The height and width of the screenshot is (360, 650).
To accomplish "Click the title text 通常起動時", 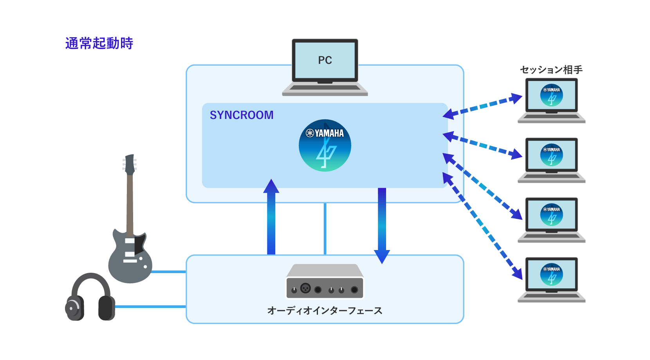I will pyautogui.click(x=99, y=43).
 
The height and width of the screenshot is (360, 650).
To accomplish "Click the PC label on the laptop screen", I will pyautogui.click(x=325, y=60).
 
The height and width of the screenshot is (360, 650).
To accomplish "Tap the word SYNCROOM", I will pyautogui.click(x=242, y=115).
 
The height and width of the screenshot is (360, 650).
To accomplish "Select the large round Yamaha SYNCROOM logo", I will pyautogui.click(x=325, y=146).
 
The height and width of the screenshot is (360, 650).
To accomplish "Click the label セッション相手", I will pyautogui.click(x=551, y=70).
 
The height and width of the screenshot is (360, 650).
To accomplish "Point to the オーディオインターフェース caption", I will pyautogui.click(x=325, y=311).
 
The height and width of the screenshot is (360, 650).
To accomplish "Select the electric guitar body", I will pyautogui.click(x=130, y=258).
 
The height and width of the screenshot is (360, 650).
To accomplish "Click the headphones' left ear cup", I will pyautogui.click(x=74, y=308).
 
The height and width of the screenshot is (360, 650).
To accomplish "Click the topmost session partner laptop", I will pyautogui.click(x=551, y=100).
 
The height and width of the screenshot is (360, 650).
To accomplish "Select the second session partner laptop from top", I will pyautogui.click(x=551, y=160).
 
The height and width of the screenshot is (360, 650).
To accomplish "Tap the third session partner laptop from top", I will pyautogui.click(x=551, y=220).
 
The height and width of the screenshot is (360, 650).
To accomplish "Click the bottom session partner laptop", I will pyautogui.click(x=551, y=279).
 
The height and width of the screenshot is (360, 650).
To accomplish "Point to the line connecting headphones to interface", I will pyautogui.click(x=151, y=307).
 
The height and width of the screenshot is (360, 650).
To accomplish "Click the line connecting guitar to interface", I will pyautogui.click(x=168, y=272).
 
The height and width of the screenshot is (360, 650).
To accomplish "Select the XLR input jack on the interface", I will pyautogui.click(x=305, y=289).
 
